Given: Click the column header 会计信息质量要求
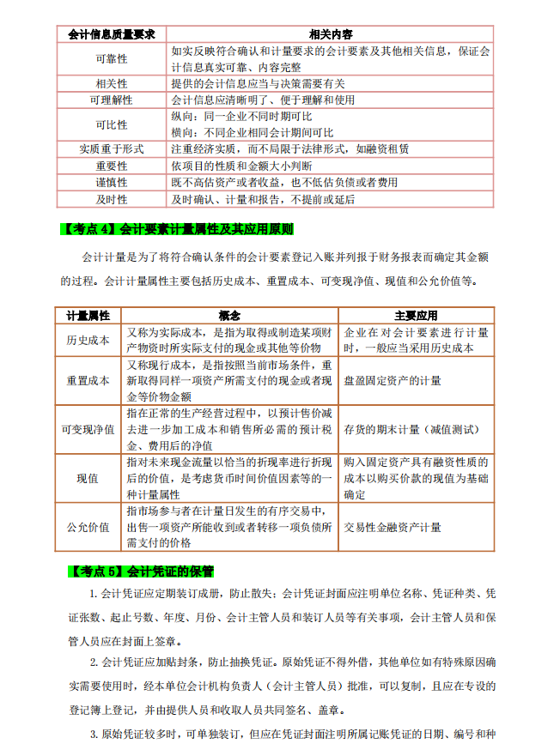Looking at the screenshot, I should click(x=111, y=34).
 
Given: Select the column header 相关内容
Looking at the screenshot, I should click(x=330, y=34).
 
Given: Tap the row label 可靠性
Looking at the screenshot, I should click(x=111, y=58).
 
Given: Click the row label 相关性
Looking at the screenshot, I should click(x=111, y=83).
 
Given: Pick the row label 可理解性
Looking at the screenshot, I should click(x=111, y=100).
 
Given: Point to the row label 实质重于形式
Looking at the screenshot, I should click(x=111, y=148).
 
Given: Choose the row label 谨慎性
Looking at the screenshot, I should click(x=111, y=182).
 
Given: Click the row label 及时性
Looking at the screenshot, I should click(x=111, y=198).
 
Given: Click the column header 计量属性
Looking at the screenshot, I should click(x=88, y=316).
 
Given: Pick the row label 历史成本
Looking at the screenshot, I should click(x=88, y=340).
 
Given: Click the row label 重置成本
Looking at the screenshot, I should click(x=88, y=380).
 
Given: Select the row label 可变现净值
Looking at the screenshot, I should click(x=88, y=429).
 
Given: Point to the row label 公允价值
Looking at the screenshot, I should click(x=88, y=527).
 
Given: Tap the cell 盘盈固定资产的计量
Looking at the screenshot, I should click(x=393, y=380).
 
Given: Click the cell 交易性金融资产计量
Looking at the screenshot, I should click(x=393, y=527).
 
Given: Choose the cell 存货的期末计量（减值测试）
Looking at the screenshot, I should click(x=411, y=429).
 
